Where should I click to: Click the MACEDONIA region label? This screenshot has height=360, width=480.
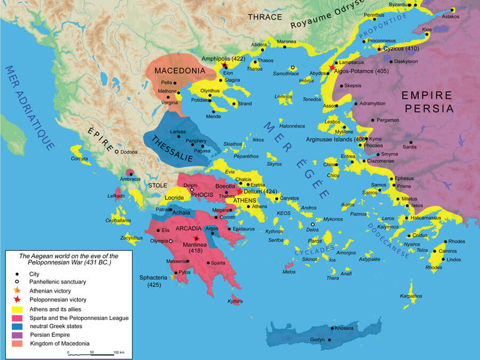[x=172, y=70]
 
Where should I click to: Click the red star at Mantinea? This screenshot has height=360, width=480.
[x=197, y=238]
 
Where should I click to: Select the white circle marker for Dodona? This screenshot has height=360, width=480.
[x=116, y=152]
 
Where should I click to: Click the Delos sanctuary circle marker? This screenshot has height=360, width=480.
[x=313, y=225]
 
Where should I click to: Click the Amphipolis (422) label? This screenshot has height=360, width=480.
[x=223, y=58]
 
